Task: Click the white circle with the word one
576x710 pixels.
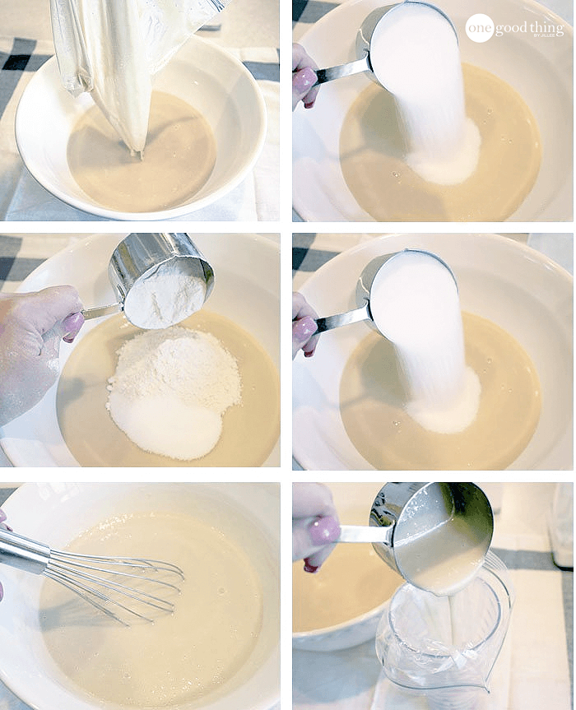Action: (480, 28)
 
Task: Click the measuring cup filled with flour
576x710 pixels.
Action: (160, 280)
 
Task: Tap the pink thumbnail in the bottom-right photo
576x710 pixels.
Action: (324, 530)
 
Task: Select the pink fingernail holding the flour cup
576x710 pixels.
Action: (73, 323)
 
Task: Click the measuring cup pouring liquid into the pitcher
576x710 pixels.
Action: (433, 536)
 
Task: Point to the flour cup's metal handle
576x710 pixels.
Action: (100, 311)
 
